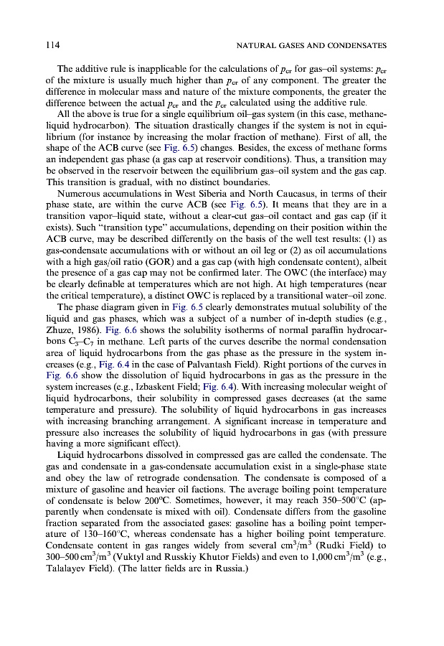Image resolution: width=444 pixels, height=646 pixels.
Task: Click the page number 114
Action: pyautogui.click(x=52, y=45)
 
